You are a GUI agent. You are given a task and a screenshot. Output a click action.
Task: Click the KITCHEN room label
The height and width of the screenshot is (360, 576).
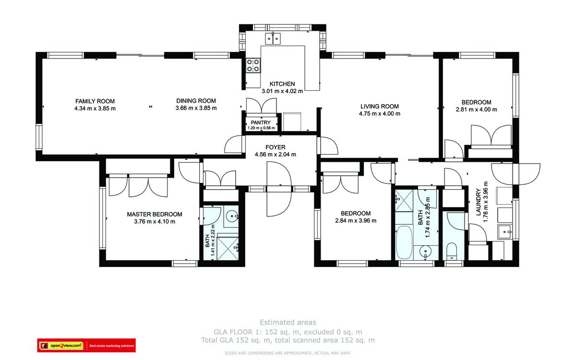click(x=282, y=84)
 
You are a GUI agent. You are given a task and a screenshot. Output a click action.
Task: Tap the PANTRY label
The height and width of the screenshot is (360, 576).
click(x=261, y=122)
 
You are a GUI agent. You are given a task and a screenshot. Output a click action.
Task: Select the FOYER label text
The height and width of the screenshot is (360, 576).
click(x=276, y=147)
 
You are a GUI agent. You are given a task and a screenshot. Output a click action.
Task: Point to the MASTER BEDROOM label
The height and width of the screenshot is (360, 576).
click(x=155, y=214)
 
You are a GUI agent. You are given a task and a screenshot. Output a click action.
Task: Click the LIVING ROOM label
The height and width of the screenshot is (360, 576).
click(x=380, y=106)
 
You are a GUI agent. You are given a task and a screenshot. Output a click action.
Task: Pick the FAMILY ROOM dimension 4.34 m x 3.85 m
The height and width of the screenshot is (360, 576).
click(x=95, y=108)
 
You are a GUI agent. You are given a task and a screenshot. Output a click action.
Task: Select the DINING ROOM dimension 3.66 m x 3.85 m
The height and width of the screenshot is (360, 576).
click(x=196, y=108)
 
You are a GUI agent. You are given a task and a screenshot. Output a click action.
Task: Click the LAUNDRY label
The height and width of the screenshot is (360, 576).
click(x=478, y=202)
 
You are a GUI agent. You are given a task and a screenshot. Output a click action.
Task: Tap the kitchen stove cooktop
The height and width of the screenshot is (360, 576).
click(x=253, y=65)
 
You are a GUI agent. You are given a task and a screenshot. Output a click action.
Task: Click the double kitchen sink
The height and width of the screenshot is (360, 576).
click(x=273, y=38)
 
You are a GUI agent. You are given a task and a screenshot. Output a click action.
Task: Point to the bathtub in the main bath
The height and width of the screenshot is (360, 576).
click(x=404, y=242)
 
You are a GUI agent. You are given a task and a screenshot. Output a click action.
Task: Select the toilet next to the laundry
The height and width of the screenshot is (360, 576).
click(x=451, y=251)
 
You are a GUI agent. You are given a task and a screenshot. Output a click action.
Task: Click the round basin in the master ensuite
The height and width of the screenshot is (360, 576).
click(x=232, y=216)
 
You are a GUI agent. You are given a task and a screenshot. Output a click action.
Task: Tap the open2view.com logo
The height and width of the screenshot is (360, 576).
click(x=67, y=346)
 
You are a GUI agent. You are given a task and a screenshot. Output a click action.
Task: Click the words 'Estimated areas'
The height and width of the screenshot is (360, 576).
click(x=288, y=322)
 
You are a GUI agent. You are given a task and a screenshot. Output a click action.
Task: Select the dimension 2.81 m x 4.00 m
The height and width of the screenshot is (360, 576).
click(x=477, y=109)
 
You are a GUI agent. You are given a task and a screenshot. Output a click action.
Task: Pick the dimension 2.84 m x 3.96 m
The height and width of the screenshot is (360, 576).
click(x=356, y=221)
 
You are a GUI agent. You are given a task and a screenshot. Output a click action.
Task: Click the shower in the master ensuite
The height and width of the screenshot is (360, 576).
click(x=228, y=248)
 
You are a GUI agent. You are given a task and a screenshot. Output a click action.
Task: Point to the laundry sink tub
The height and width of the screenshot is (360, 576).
click(x=505, y=232)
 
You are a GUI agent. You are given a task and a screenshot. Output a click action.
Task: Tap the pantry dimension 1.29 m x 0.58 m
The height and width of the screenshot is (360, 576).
click(x=261, y=128)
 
